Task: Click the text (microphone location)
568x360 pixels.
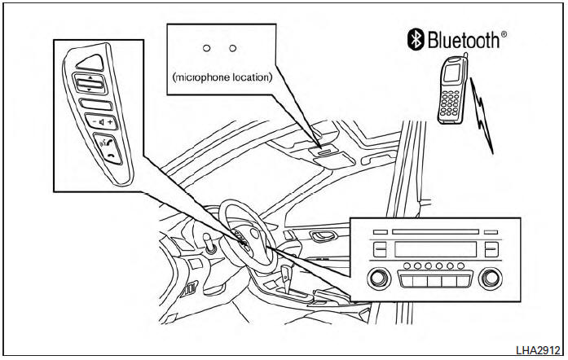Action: tap(222, 77)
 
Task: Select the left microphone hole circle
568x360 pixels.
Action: tap(207, 49)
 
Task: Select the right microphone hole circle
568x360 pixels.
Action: tap(233, 49)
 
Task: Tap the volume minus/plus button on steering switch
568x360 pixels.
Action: tap(97, 123)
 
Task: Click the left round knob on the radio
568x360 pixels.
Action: tap(376, 279)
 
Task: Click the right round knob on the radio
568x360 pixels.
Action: tap(491, 279)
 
